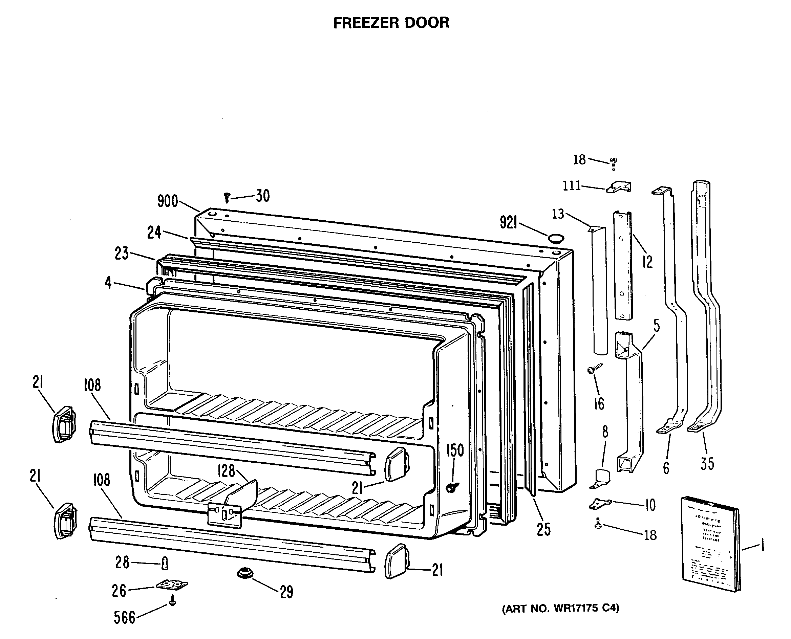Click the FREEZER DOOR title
click(x=391, y=23)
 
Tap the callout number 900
click(x=168, y=201)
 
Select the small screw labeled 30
click(x=227, y=198)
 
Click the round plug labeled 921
click(x=556, y=238)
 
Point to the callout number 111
click(x=572, y=186)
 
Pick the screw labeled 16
click(x=593, y=369)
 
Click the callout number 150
click(x=455, y=450)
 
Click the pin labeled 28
click(x=165, y=563)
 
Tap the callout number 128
click(x=226, y=470)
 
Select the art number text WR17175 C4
click(x=560, y=608)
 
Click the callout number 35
click(x=707, y=463)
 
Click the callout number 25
click(x=543, y=529)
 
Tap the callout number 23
click(x=122, y=253)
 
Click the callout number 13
click(x=558, y=214)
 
